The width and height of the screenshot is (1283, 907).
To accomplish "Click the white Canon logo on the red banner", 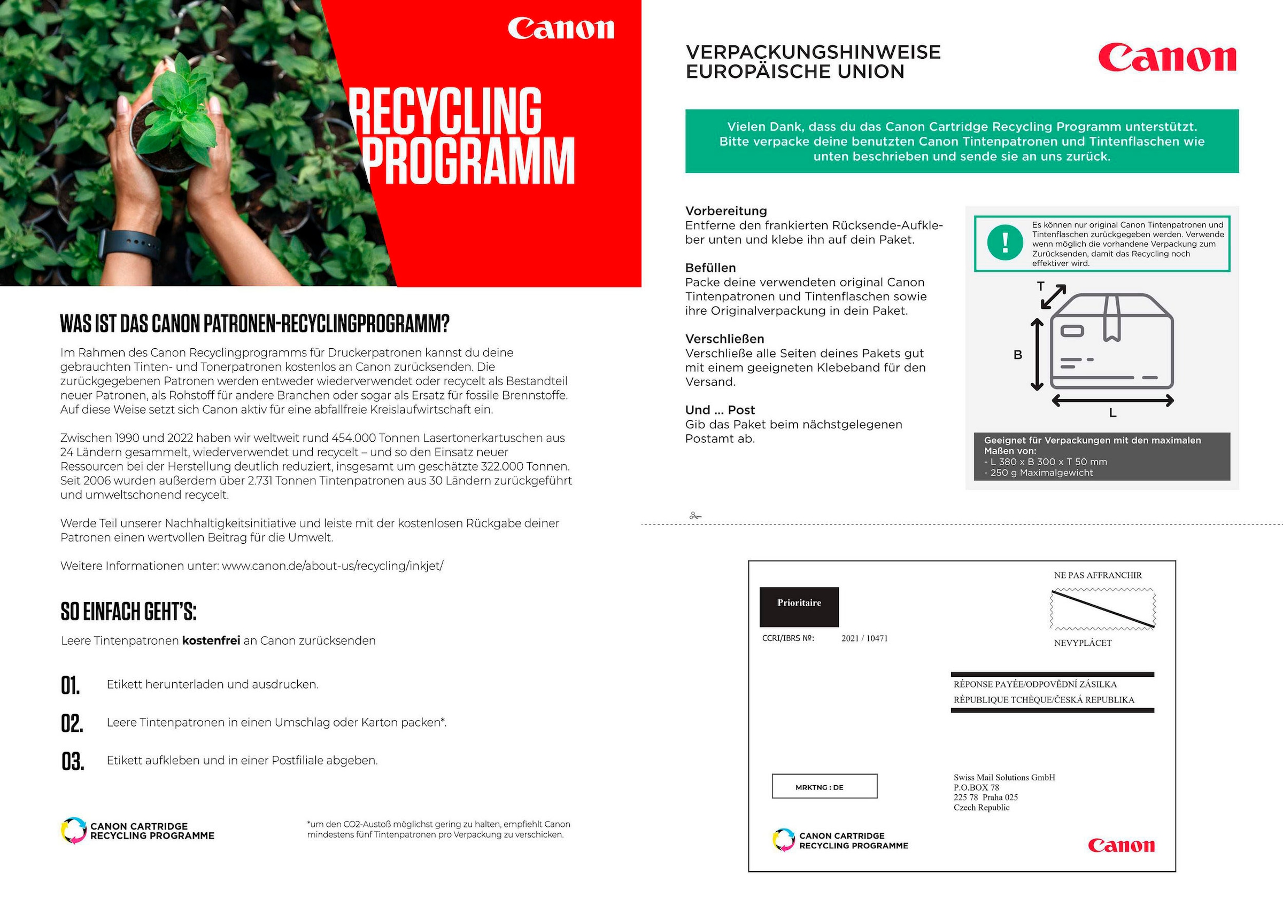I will click(560, 29).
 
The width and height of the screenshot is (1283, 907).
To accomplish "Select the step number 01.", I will click(71, 685).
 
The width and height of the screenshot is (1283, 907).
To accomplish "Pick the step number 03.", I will click(72, 761).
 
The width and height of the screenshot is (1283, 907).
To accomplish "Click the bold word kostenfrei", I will click(211, 640).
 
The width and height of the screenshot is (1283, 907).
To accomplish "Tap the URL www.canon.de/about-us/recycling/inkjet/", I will click(333, 566).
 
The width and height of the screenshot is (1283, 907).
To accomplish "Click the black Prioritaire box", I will click(799, 606).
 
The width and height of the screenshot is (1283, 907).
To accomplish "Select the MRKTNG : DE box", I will click(824, 786).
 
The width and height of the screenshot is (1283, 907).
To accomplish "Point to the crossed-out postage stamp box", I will click(1102, 609).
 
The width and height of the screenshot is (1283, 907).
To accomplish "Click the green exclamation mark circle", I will click(1004, 243).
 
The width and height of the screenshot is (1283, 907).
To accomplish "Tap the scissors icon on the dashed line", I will click(695, 515).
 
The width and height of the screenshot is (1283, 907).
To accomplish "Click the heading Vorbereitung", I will click(726, 211).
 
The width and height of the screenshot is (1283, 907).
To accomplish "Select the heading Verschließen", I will click(724, 339).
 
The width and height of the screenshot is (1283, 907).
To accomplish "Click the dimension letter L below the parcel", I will click(1112, 413).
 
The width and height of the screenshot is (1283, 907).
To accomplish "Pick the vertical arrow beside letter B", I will click(1037, 355).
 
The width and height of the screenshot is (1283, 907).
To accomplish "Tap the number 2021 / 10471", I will click(864, 638).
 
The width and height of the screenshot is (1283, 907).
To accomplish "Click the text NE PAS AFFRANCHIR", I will click(1097, 575).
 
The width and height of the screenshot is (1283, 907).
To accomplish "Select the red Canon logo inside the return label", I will click(1121, 846).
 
